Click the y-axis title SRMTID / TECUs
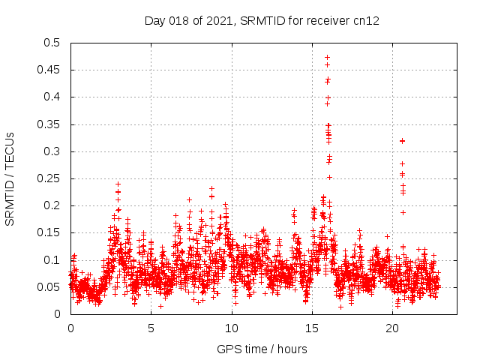tap(10, 178)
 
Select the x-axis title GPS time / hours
tap(262, 349)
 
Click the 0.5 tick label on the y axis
tap(52, 43)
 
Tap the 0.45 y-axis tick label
tap(49, 70)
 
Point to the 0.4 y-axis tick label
tap(52, 97)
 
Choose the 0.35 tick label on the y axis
tap(49, 124)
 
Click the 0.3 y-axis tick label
tap(52, 151)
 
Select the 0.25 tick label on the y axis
tap(49, 178)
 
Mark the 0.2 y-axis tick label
tap(52, 205)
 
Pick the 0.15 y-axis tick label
tap(49, 233)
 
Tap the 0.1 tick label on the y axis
tap(52, 260)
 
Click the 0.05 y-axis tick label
tap(49, 287)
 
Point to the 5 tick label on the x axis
tap(151, 328)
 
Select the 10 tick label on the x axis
tap(232, 328)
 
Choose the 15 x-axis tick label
tap(312, 328)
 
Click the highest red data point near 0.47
tap(327, 57)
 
